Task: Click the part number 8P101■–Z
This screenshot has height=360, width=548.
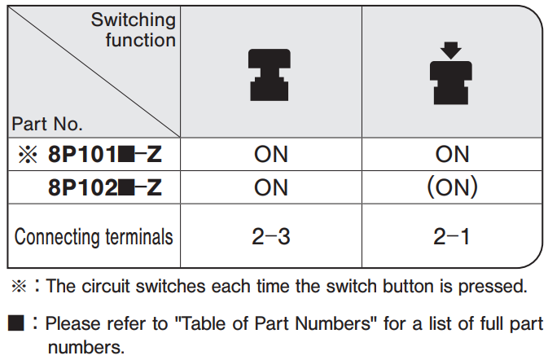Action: point(105,154)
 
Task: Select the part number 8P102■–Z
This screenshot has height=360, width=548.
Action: point(105,187)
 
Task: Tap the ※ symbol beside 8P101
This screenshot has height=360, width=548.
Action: point(28,155)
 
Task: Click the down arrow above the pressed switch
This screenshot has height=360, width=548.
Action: point(451,50)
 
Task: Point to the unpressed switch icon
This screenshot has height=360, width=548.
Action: point(269,75)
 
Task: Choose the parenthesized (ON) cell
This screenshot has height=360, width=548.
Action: point(452,187)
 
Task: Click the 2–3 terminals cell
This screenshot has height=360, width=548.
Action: point(271,237)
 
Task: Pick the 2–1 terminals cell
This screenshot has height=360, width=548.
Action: point(451,237)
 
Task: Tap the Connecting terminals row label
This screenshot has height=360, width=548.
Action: point(94,237)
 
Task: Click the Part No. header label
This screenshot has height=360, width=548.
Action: point(47,124)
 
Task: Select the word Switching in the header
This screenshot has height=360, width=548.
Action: point(134,20)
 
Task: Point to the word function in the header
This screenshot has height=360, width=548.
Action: point(141,39)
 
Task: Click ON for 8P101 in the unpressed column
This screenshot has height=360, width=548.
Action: point(271,154)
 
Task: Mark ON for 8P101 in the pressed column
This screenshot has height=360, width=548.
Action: point(452,154)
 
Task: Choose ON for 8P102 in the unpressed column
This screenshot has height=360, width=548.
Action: point(271,187)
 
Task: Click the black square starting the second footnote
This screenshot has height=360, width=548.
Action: point(16,323)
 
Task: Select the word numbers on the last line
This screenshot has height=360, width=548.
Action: point(86,348)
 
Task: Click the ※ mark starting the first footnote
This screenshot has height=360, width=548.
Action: point(19,286)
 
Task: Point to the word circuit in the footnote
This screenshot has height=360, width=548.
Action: point(106,286)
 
